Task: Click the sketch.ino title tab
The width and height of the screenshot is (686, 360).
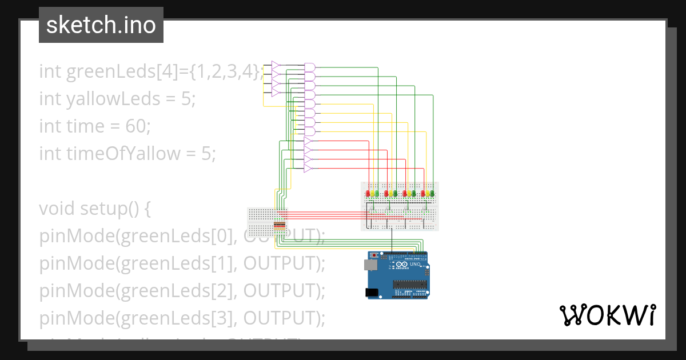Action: [101, 25]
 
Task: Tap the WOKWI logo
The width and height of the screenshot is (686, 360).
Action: [607, 315]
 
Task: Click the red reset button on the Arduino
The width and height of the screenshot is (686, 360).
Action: [374, 254]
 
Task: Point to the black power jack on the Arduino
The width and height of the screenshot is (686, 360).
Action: [372, 293]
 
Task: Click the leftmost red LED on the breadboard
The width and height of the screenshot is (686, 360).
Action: [368, 194]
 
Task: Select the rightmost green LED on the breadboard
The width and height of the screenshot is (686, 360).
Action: [432, 194]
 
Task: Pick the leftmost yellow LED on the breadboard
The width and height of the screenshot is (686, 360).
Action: [372, 194]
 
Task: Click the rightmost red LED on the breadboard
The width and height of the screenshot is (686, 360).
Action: [423, 194]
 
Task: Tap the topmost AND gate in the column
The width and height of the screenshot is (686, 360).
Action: [309, 67]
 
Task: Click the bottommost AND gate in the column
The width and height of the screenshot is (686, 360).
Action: [309, 131]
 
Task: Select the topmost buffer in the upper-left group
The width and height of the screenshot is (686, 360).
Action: [276, 65]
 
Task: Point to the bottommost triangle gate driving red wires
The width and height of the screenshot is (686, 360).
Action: [308, 168]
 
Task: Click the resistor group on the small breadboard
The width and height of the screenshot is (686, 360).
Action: [280, 226]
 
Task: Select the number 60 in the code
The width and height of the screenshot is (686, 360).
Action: [137, 126]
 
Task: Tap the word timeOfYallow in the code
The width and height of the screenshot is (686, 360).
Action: [109, 154]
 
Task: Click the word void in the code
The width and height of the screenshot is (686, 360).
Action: [57, 209]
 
